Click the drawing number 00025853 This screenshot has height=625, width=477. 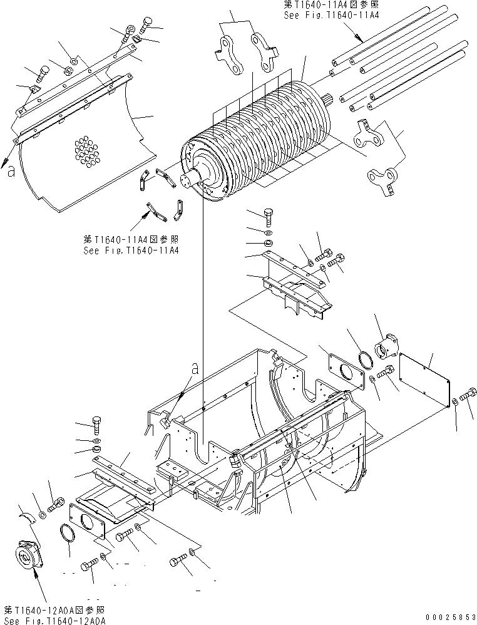[450, 618]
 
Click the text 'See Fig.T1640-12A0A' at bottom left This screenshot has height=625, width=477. [55, 621]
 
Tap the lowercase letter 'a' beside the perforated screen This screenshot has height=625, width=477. [11, 172]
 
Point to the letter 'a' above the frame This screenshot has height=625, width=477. [195, 369]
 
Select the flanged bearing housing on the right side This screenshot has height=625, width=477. [387, 346]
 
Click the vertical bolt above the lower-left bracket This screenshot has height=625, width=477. [97, 426]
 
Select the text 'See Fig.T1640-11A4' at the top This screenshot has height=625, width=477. [331, 16]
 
